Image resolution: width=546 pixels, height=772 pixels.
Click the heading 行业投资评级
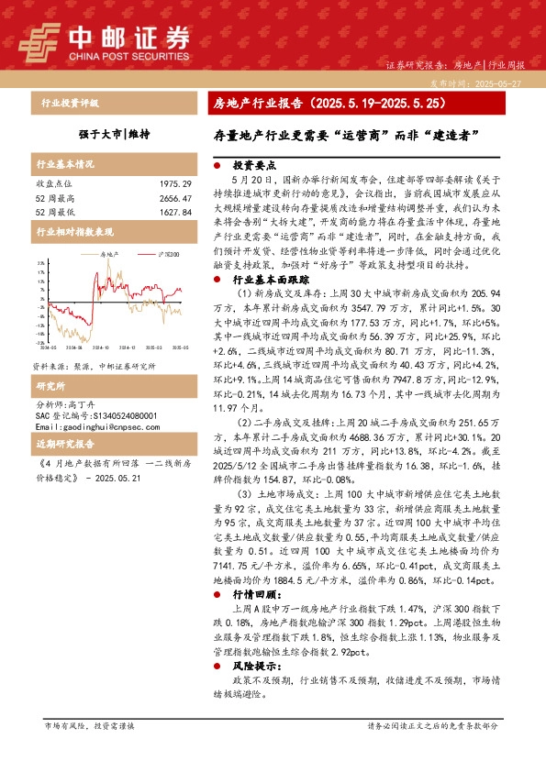[69, 103]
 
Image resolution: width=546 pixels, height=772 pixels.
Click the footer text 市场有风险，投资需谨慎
[89, 725]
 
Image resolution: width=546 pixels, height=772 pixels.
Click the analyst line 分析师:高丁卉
[74, 378]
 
